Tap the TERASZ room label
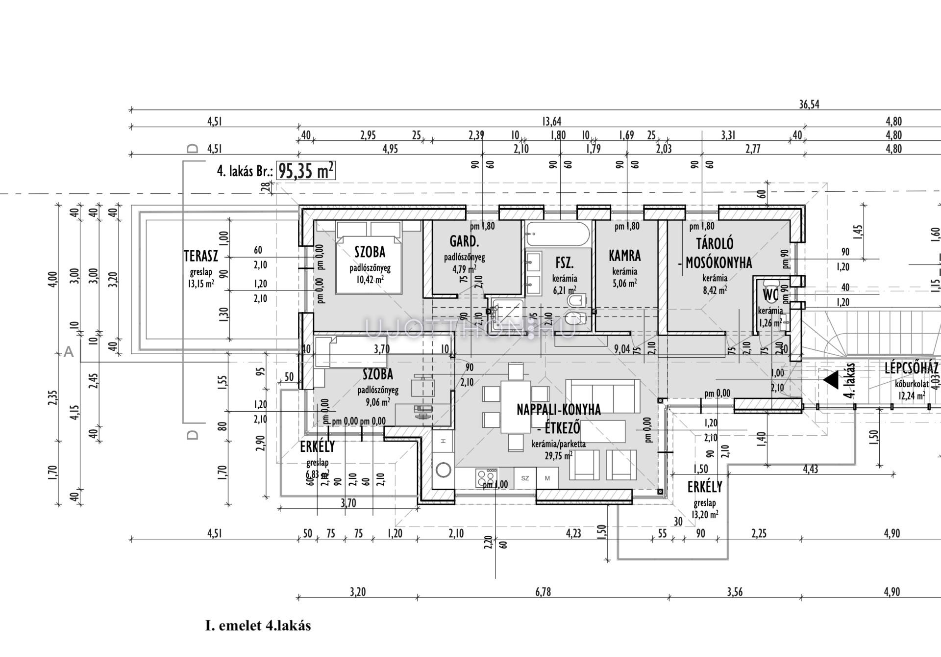(200, 256)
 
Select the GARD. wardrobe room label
(464, 241)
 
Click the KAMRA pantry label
(625, 256)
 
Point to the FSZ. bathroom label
(564, 263)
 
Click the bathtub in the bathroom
(557, 235)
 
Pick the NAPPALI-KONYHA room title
(559, 410)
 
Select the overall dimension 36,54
(809, 105)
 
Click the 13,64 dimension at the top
(551, 121)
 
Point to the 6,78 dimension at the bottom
(543, 592)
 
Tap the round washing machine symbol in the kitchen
(444, 470)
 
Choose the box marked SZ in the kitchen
(525, 478)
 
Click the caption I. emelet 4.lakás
(258, 626)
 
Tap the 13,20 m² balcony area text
(705, 515)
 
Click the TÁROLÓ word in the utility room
(715, 244)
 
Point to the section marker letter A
(69, 352)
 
